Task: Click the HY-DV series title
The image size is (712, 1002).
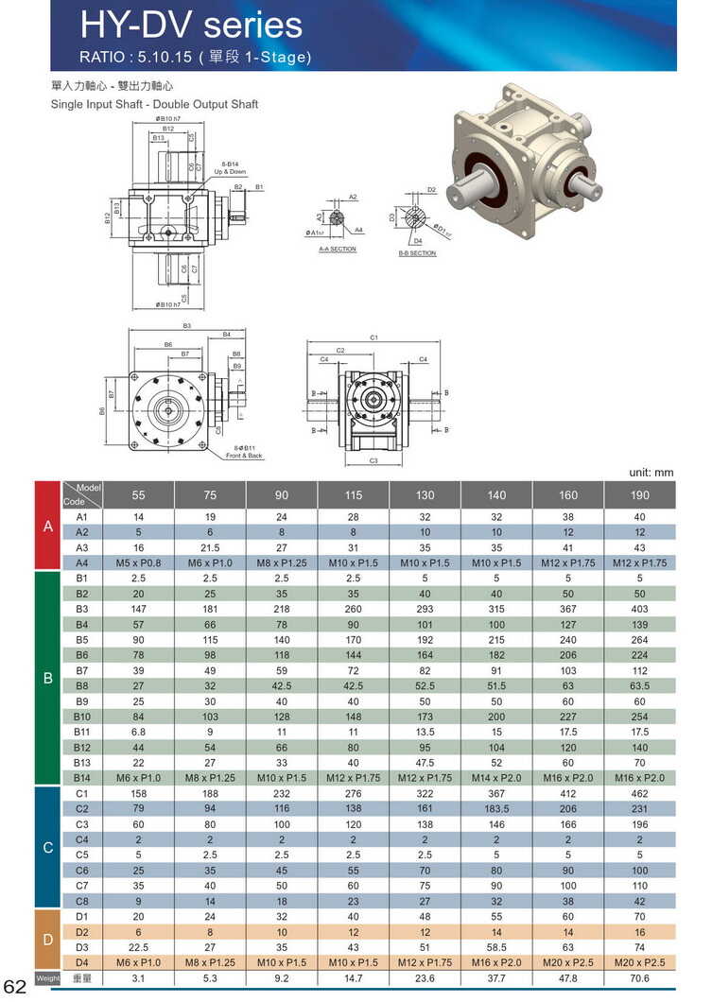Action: click(192, 25)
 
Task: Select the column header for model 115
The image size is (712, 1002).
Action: click(353, 494)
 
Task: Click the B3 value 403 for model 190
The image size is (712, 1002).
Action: click(640, 609)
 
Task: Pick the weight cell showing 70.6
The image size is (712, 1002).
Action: click(640, 978)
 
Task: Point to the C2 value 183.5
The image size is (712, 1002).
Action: click(496, 808)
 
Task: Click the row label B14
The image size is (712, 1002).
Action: click(81, 777)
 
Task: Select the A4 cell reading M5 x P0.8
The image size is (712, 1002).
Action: click(138, 562)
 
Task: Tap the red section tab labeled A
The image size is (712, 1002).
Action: click(47, 526)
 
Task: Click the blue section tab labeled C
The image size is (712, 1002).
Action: click(47, 847)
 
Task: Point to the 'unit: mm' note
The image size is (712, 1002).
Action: click(651, 472)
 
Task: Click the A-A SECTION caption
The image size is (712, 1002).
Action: click(338, 250)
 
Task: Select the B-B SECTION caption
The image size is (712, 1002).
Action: click(417, 253)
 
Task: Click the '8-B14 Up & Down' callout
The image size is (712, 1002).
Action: click(230, 168)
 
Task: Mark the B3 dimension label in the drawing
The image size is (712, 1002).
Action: click(187, 325)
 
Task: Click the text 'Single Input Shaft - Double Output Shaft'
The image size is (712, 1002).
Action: click(154, 104)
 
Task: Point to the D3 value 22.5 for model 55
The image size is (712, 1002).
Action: click(138, 947)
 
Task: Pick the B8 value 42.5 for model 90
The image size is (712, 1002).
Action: click(281, 685)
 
